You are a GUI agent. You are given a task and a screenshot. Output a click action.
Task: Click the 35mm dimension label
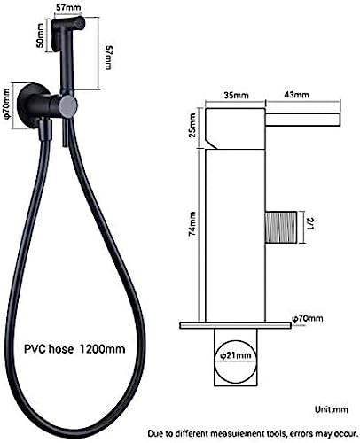pos(236,95)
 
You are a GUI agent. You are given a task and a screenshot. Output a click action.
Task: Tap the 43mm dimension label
pos(296,95)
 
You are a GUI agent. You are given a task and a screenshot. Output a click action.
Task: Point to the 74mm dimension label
pos(192,223)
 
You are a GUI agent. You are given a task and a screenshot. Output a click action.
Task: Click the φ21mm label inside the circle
pos(236,356)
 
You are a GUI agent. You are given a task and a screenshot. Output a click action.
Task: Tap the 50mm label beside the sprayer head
pos(40,35)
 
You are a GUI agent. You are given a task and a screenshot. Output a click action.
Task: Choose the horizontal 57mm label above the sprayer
pos(68,7)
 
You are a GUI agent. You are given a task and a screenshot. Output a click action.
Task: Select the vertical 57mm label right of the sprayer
pos(109,58)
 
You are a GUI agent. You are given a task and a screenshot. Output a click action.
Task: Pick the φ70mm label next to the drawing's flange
pos(307,319)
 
